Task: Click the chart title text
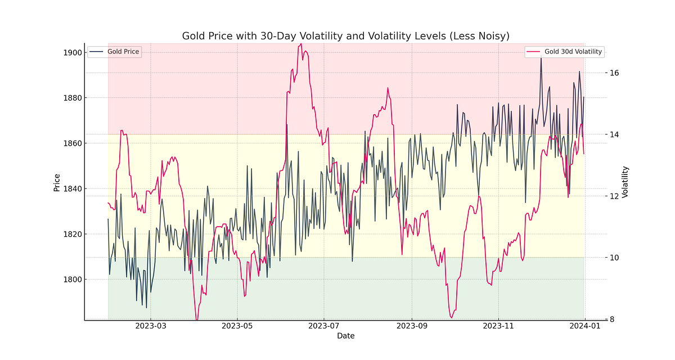click(x=345, y=36)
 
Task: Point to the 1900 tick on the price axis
click(x=74, y=53)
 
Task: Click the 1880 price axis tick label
click(x=74, y=98)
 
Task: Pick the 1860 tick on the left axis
click(x=74, y=143)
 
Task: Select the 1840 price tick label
click(x=74, y=189)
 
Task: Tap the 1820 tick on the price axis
click(x=74, y=234)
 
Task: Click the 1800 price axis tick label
click(x=74, y=280)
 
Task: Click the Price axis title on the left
click(x=57, y=182)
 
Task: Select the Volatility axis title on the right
click(x=625, y=182)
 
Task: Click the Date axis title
click(x=345, y=336)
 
